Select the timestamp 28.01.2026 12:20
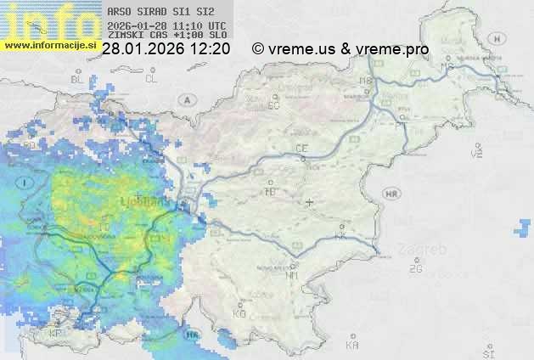[x=166, y=49]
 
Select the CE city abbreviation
[x=301, y=149]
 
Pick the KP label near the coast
[x=56, y=334]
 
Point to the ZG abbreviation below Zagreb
[x=415, y=269]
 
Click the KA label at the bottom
[x=352, y=345]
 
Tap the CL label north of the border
[x=151, y=79]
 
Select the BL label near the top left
[x=77, y=79]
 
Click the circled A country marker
[x=185, y=99]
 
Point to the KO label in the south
[x=239, y=313]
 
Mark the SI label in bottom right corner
[x=487, y=352]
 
